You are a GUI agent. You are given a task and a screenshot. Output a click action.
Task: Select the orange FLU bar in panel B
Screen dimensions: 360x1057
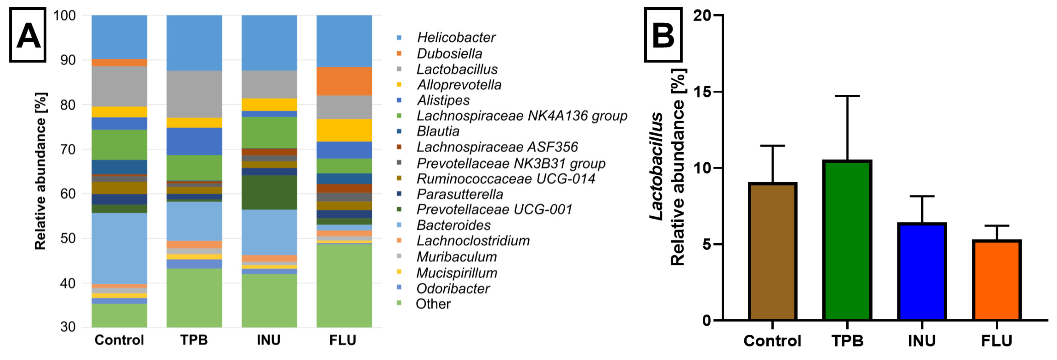(996, 280)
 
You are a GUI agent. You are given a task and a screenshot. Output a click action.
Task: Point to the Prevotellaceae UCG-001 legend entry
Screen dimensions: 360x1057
(494, 209)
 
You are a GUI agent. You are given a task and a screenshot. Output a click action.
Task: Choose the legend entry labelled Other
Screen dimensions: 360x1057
(433, 304)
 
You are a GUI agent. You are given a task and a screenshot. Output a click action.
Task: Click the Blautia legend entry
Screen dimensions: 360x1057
(438, 131)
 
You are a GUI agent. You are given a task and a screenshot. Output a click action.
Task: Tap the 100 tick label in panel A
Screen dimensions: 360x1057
(64, 15)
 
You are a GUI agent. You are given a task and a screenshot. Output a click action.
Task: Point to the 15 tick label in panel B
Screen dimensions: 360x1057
(702, 92)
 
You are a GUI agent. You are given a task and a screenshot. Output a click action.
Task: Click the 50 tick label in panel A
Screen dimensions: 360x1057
(68, 239)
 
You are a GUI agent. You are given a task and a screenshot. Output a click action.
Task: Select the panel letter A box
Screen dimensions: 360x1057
(28, 35)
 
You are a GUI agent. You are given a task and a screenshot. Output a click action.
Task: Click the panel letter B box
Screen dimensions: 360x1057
(663, 35)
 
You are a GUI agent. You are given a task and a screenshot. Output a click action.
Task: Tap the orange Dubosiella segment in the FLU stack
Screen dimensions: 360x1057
(344, 81)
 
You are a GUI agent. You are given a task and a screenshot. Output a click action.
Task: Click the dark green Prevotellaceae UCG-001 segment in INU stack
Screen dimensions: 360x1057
(269, 192)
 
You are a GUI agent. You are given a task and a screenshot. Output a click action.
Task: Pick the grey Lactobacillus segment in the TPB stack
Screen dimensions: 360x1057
(194, 94)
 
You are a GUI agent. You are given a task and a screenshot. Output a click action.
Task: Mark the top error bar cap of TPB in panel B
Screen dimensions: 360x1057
(847, 96)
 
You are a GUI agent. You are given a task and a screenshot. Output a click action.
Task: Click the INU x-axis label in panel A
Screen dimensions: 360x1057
(269, 340)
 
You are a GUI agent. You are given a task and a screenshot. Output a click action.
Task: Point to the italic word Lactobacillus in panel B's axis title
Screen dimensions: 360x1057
(657, 166)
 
